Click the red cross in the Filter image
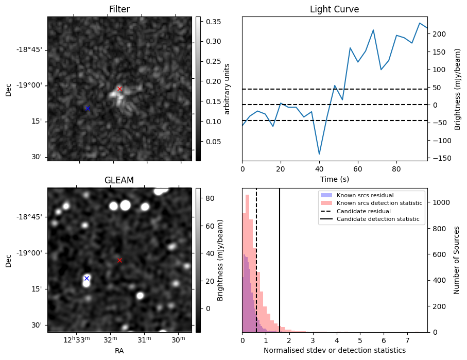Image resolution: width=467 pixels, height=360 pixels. point(119,89)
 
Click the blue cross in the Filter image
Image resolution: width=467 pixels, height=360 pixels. point(88,108)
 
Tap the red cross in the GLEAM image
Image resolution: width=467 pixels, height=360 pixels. point(119,260)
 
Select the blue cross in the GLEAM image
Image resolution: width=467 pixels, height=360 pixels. point(87,278)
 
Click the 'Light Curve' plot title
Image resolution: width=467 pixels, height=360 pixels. point(334,9)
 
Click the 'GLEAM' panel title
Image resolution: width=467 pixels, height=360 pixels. point(119,180)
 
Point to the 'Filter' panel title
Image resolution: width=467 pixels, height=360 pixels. point(119,9)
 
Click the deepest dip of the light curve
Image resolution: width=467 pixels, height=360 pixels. point(319,154)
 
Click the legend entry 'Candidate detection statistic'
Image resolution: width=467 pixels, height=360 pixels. point(378,219)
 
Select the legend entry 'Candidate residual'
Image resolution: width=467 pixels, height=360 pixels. point(363,211)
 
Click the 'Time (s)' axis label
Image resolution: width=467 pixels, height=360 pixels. point(334,179)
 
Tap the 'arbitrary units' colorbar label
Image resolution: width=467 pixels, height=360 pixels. point(228,89)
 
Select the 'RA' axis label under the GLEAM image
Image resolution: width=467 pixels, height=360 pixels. point(119,351)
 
